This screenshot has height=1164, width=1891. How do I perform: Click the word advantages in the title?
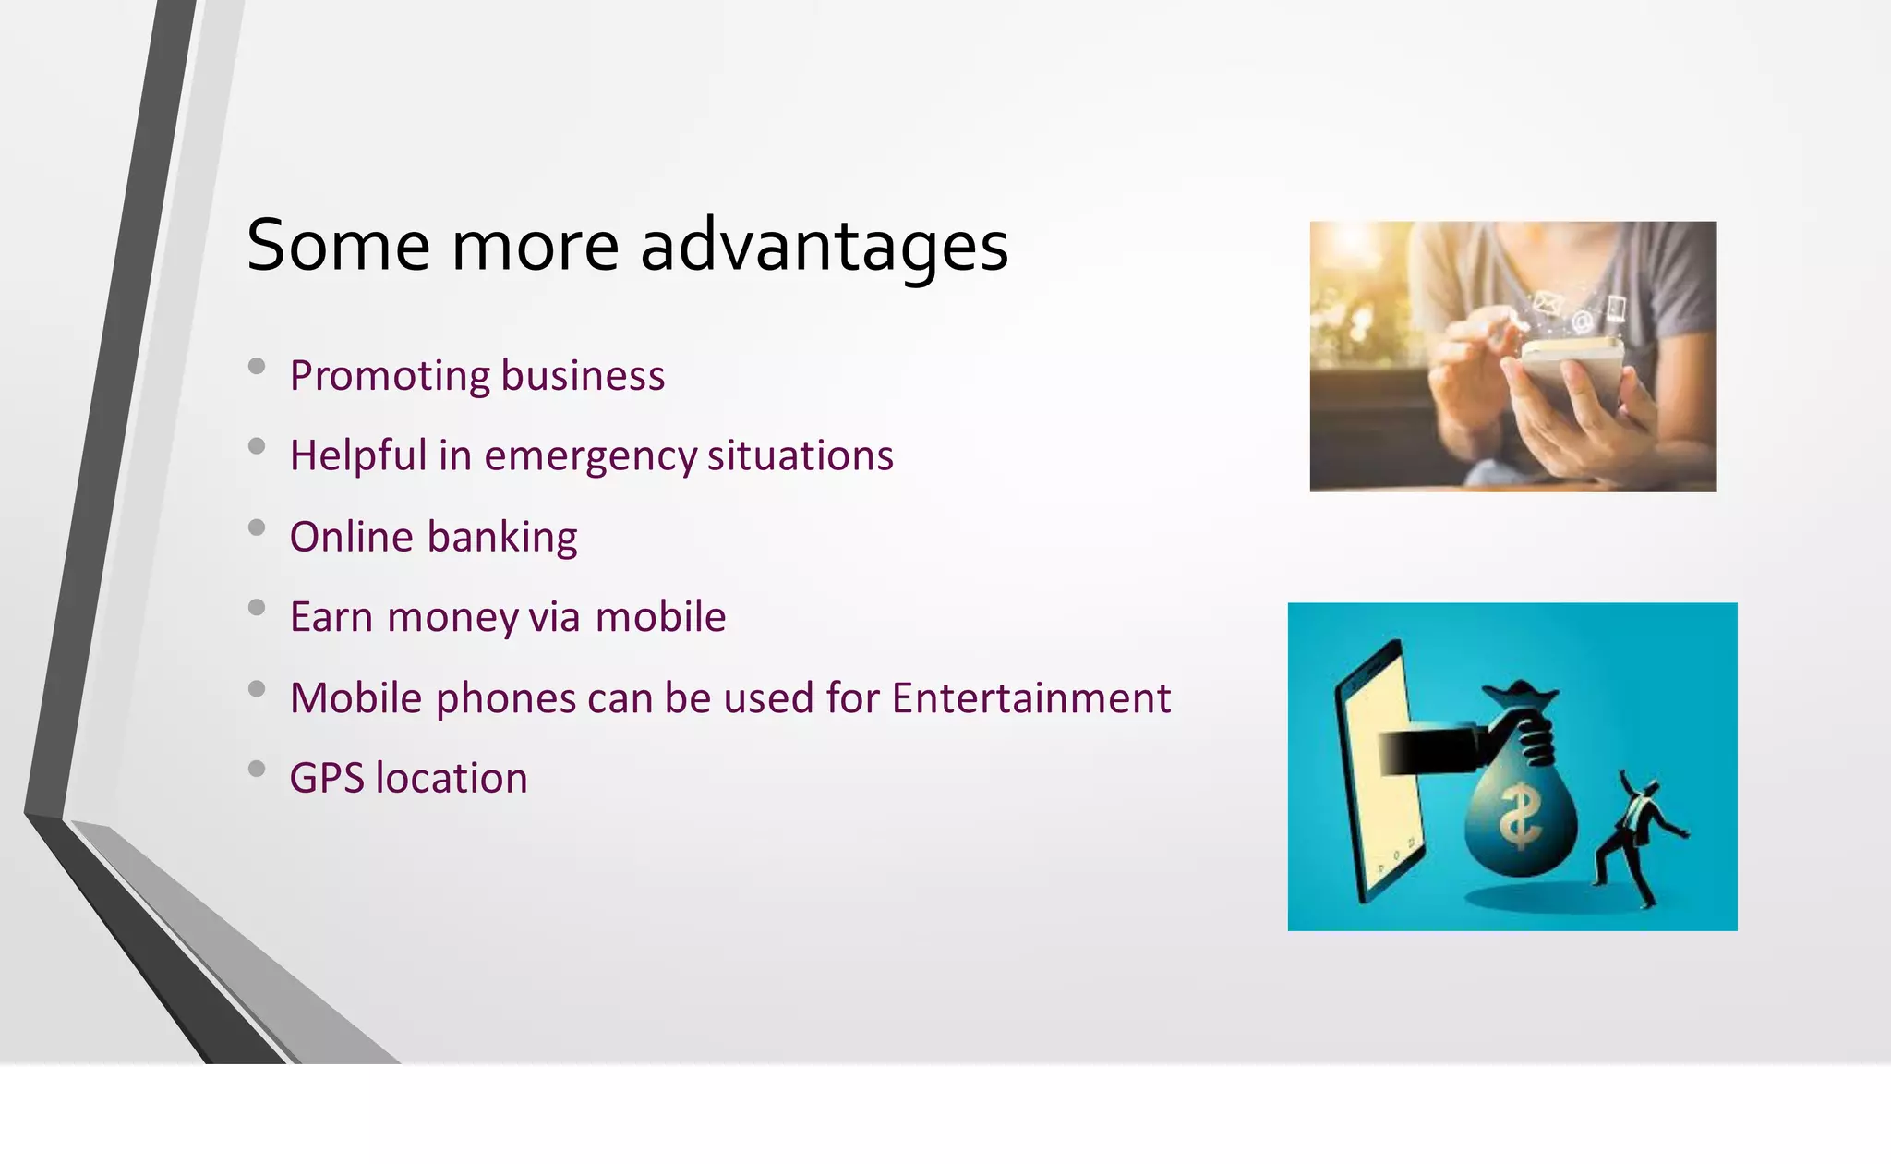[x=824, y=248]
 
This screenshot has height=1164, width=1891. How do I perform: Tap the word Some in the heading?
[x=338, y=248]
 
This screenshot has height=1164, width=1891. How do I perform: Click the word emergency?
[x=590, y=456]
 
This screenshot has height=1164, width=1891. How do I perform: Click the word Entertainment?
[x=1030, y=698]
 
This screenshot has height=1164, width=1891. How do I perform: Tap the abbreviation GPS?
[x=327, y=779]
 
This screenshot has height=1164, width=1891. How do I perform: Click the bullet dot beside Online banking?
[x=257, y=527]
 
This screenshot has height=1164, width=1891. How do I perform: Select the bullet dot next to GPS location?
[x=257, y=769]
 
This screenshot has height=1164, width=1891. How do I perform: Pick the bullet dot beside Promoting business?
[x=257, y=367]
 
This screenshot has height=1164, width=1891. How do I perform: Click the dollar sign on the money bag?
[x=1519, y=817]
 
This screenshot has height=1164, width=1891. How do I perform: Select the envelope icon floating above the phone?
[x=1548, y=302]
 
